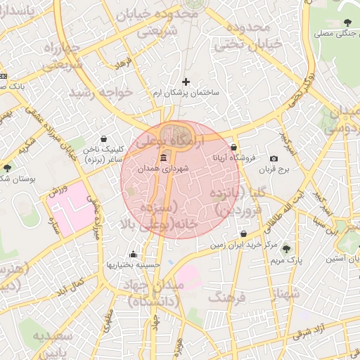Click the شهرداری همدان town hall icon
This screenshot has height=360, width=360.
(164, 157)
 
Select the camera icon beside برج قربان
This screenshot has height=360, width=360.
(274, 159)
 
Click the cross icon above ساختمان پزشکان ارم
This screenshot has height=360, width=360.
(186, 82)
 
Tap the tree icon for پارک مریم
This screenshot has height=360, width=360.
(286, 248)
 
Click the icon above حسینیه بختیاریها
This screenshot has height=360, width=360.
(134, 254)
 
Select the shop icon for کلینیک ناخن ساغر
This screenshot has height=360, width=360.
(104, 139)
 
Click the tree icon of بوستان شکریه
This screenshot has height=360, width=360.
(7, 167)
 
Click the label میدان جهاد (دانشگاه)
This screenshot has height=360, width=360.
(155, 292)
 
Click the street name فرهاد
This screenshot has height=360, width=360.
(124, 65)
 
